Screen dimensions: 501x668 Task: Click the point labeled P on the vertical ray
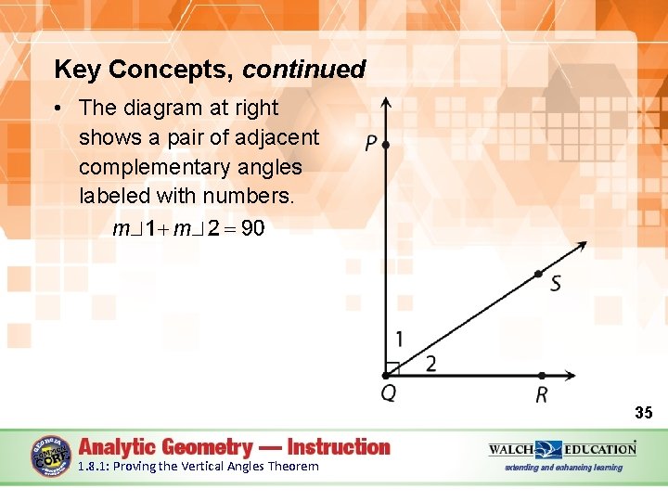pos(386,145)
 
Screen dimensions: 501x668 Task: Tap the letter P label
pos(370,144)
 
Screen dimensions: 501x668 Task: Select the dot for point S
pos(538,274)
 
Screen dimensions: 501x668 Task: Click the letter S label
pos(555,284)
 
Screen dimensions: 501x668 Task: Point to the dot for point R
pos(541,375)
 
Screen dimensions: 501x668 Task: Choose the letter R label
pos(541,395)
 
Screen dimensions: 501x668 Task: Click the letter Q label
pos(388,393)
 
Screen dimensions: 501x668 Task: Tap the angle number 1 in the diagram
pos(399,339)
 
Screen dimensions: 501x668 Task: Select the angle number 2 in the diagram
pos(430,364)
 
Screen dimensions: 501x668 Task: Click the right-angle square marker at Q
pos(392,368)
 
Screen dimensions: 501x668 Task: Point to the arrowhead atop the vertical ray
pos(386,102)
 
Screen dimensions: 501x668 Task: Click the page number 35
pos(643,412)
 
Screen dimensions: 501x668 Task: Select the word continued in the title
pos(304,70)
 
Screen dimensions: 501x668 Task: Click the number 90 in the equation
pos(252,228)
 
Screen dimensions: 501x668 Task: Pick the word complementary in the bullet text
pos(190,167)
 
